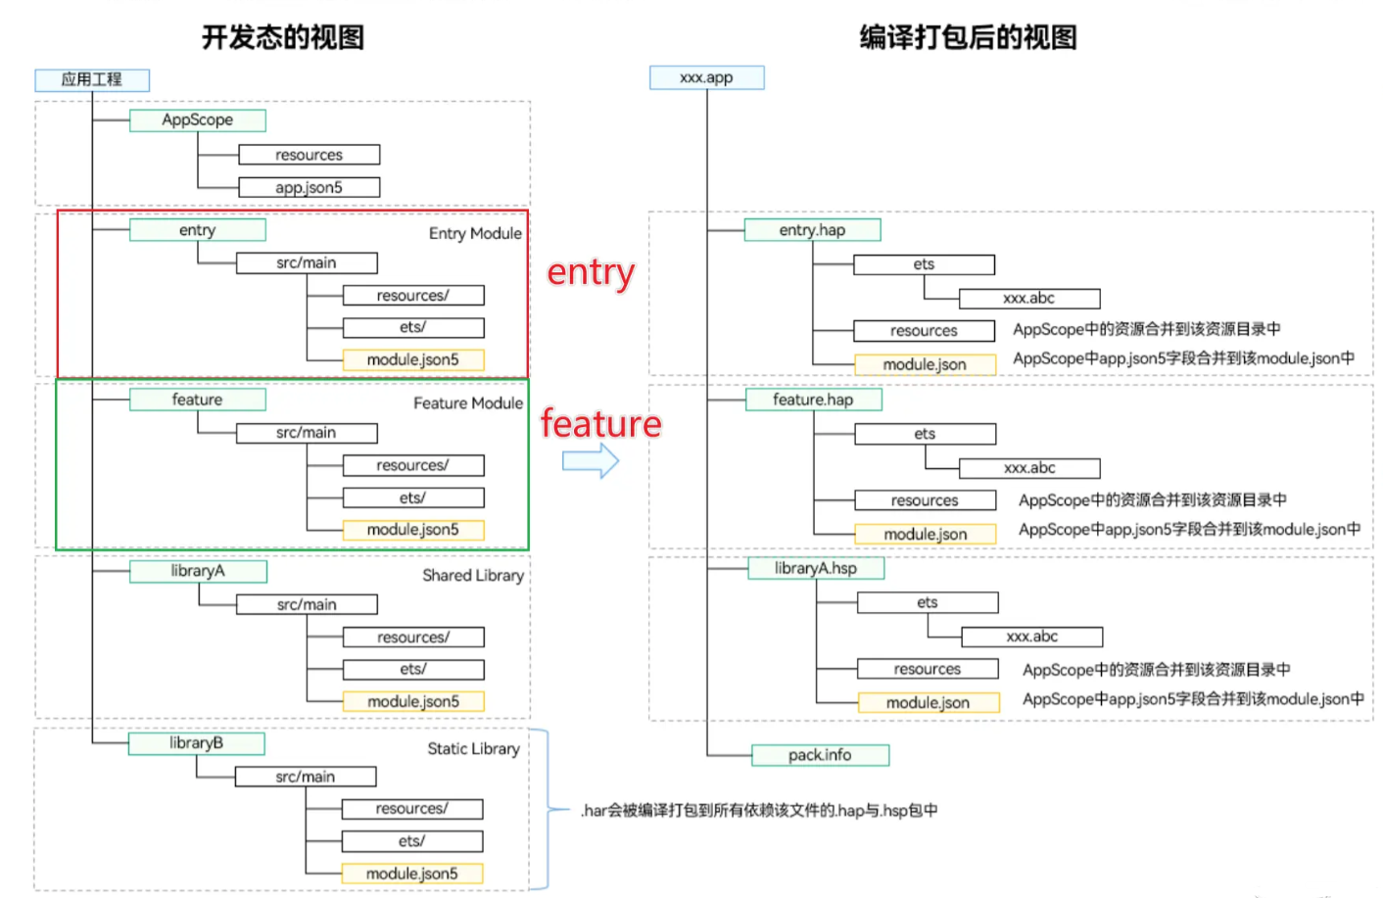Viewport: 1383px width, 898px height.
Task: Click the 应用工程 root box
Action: click(x=92, y=79)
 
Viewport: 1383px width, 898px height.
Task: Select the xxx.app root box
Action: click(x=706, y=77)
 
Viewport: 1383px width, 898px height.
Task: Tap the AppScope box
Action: click(x=198, y=119)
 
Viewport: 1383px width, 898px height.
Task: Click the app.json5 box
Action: click(x=309, y=187)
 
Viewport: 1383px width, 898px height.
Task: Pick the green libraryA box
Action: click(x=198, y=571)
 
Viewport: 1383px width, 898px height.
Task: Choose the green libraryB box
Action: click(x=196, y=743)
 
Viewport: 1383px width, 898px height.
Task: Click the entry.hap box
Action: click(x=812, y=230)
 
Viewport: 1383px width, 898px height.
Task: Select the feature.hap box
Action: click(x=813, y=400)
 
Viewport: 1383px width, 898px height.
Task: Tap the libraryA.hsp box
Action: click(x=816, y=568)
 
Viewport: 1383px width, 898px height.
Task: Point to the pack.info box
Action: click(x=820, y=755)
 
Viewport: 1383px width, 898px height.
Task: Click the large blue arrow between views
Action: click(x=591, y=460)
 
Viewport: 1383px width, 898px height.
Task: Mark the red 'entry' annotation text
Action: click(x=591, y=272)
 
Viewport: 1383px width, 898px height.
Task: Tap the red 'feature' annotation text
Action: click(x=600, y=423)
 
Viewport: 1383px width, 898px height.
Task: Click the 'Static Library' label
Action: click(x=473, y=749)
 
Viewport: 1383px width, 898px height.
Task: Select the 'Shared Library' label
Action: click(x=473, y=576)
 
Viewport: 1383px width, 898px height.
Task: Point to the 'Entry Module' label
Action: click(x=475, y=234)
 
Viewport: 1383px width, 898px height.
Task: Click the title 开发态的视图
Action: click(x=283, y=37)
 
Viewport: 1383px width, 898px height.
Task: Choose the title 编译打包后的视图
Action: click(x=968, y=37)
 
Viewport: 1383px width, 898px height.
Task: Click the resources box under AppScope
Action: click(x=309, y=155)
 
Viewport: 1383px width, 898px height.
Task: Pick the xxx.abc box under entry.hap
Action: click(x=1028, y=299)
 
